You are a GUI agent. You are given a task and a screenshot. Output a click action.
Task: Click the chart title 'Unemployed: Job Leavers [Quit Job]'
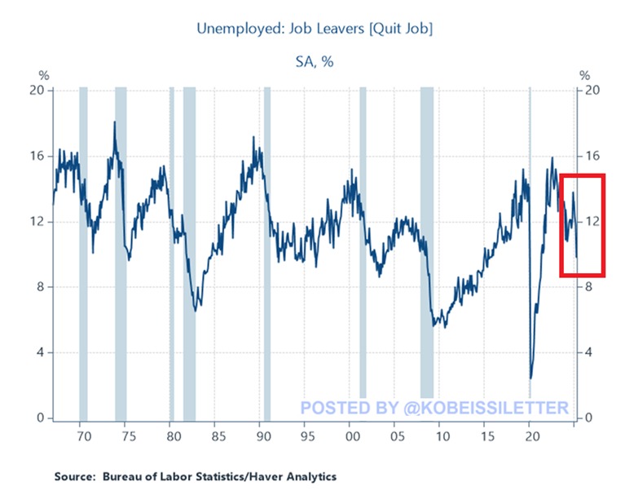click(315, 29)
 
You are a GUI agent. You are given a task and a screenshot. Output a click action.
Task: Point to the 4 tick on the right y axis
click(585, 353)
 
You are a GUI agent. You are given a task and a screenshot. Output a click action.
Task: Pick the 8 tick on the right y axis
click(585, 287)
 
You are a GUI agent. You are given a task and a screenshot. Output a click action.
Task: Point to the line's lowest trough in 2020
click(531, 378)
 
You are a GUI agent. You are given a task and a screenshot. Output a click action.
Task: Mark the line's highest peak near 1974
click(115, 123)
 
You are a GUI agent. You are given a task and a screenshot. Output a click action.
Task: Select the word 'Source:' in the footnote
click(75, 476)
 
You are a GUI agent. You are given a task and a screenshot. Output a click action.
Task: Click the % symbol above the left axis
click(44, 75)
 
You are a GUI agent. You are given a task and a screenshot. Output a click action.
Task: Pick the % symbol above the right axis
click(583, 75)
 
